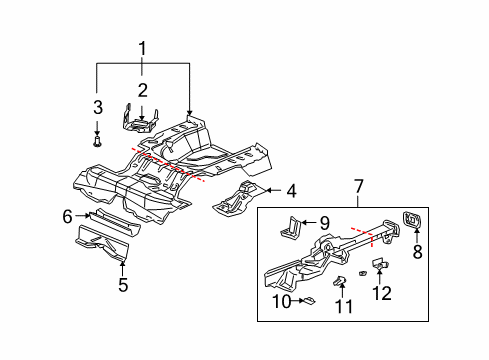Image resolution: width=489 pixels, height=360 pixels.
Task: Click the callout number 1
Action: point(142,47)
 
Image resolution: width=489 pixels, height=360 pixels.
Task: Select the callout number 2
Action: point(142,90)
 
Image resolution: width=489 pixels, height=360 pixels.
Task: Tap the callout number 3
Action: point(97,107)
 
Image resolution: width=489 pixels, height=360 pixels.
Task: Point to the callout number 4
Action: point(291,190)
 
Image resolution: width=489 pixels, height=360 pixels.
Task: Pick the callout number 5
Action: point(123,284)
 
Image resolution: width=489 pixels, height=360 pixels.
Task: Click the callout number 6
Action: point(68,215)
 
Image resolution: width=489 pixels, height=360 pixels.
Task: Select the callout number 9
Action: point(325,223)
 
